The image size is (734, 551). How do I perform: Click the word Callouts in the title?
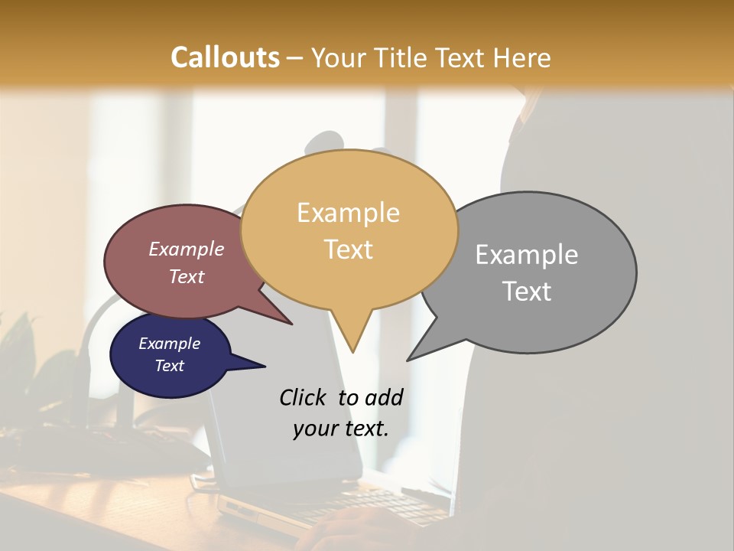coord(225,57)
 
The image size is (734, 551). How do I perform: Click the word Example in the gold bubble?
coord(348,213)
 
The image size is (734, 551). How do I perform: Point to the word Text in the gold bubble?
coord(348,249)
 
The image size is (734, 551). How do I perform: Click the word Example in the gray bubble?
coord(527,255)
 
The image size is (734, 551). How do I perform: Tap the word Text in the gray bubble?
coord(527,292)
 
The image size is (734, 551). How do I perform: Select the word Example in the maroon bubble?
coord(187,249)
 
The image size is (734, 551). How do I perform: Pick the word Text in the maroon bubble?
coord(187,276)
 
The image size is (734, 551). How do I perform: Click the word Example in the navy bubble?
coord(170,344)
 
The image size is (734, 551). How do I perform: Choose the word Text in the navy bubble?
coord(170,366)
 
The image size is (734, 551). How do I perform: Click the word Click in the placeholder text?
coord(304,397)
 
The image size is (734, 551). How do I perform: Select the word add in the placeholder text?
coord(384,397)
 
